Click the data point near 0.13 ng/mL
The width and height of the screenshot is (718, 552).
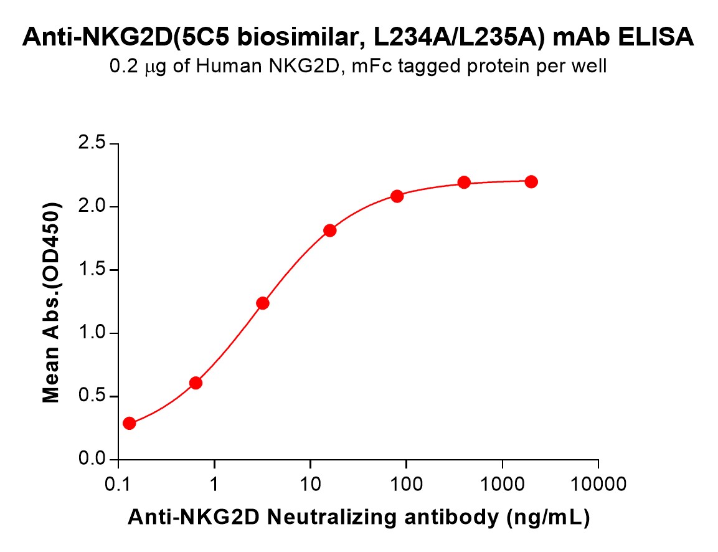click(x=129, y=424)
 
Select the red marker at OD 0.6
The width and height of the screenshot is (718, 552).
click(x=196, y=383)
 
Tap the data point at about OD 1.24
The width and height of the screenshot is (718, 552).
click(x=263, y=303)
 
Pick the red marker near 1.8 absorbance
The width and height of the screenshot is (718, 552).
click(x=330, y=231)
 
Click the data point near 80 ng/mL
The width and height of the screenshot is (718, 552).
click(x=397, y=196)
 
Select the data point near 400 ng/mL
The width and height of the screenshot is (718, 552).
click(x=464, y=183)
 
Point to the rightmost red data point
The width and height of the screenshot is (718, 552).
click(x=531, y=182)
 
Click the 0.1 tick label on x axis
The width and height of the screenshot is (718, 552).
click(x=118, y=484)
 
